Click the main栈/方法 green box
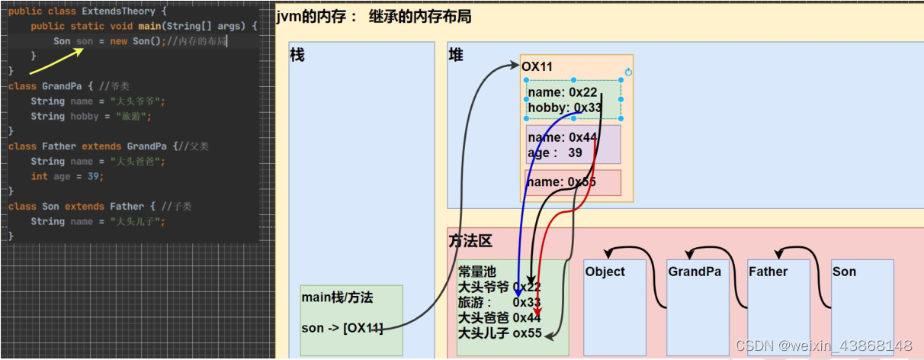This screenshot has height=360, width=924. point(351,320)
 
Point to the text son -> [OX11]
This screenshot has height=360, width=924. point(342,329)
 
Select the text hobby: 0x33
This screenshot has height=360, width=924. point(565,108)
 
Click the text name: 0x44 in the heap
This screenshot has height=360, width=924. point(562,138)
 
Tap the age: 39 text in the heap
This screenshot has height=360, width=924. point(555,153)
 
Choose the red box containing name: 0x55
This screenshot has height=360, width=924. point(573,182)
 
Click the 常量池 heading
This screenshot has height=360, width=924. point(476,272)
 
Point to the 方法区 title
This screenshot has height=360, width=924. point(470,241)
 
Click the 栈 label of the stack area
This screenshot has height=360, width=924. point(297,55)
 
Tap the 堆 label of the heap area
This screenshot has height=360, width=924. point(455,55)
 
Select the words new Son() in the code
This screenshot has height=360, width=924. point(135,41)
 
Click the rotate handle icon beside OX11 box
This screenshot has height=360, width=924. point(628,72)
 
